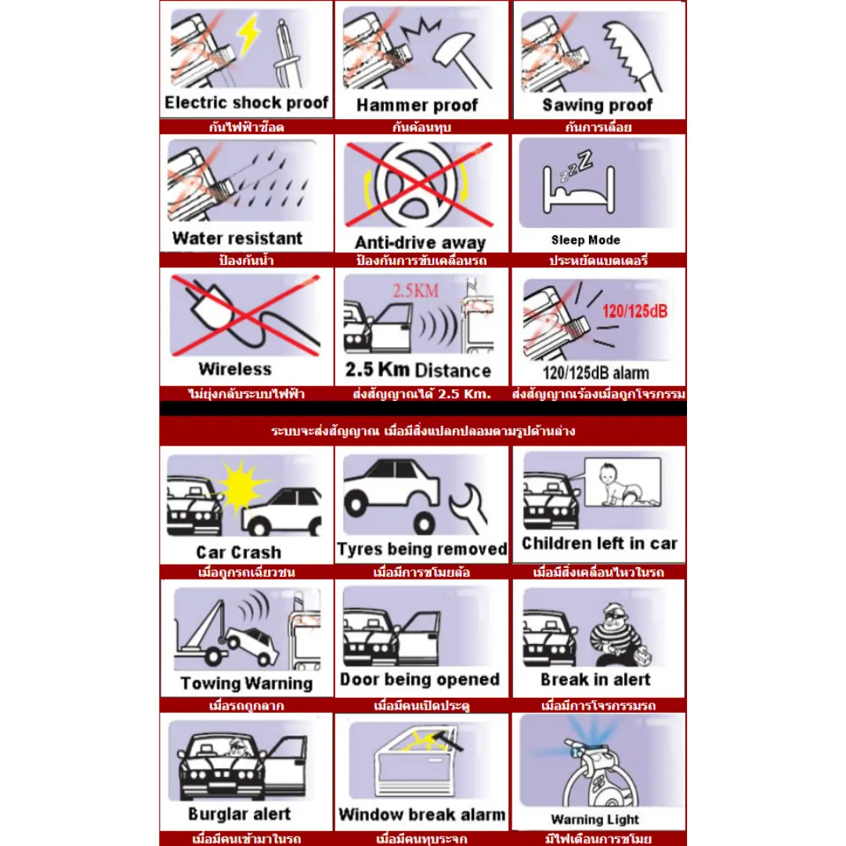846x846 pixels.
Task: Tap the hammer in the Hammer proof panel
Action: [x=462, y=56]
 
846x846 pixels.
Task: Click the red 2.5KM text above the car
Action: [x=415, y=291]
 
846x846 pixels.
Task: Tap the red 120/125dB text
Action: [x=634, y=311]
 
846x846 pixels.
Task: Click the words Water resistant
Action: [x=237, y=238]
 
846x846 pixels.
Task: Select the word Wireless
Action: [x=235, y=369]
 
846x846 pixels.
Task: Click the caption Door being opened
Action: [x=420, y=679]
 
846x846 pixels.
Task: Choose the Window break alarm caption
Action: [x=422, y=814]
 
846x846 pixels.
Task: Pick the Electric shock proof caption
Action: [x=247, y=103]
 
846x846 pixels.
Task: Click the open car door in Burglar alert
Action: [x=287, y=767]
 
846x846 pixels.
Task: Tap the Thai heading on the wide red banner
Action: [x=423, y=431]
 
